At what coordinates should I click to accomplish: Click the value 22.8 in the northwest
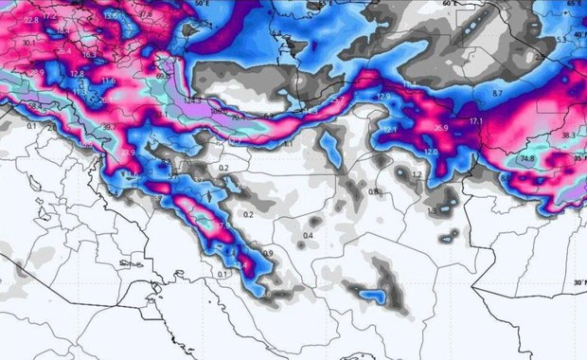point(30,20)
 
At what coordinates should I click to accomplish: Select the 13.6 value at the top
point(111,16)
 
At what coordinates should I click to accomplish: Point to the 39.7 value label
point(111,127)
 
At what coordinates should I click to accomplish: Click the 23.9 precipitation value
point(128,152)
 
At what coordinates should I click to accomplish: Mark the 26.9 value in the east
point(440,128)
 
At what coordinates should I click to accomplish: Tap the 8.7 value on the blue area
point(499,94)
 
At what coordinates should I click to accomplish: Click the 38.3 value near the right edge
point(567,135)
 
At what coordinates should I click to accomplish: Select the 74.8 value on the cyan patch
point(527,159)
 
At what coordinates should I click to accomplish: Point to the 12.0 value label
point(431,152)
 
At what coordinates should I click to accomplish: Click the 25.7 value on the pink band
point(336,99)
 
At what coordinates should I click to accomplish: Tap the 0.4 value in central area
point(308,235)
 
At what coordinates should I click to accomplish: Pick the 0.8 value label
point(374,191)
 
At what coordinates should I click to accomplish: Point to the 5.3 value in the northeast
point(561,40)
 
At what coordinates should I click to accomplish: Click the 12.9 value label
point(382,97)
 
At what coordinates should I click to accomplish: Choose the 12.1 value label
point(389,129)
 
